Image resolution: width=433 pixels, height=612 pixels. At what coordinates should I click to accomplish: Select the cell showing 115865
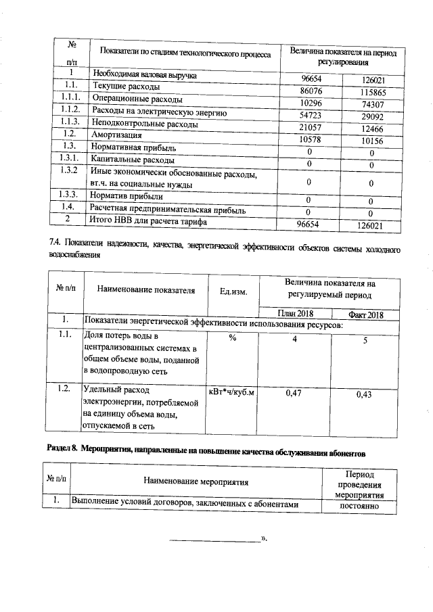click(372, 92)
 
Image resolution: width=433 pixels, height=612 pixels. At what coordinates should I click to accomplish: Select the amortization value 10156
click(372, 141)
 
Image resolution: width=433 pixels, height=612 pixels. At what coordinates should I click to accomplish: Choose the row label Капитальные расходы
click(132, 160)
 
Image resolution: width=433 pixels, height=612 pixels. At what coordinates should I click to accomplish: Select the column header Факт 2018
click(365, 315)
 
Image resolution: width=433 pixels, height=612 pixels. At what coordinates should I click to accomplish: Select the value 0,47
click(294, 392)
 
